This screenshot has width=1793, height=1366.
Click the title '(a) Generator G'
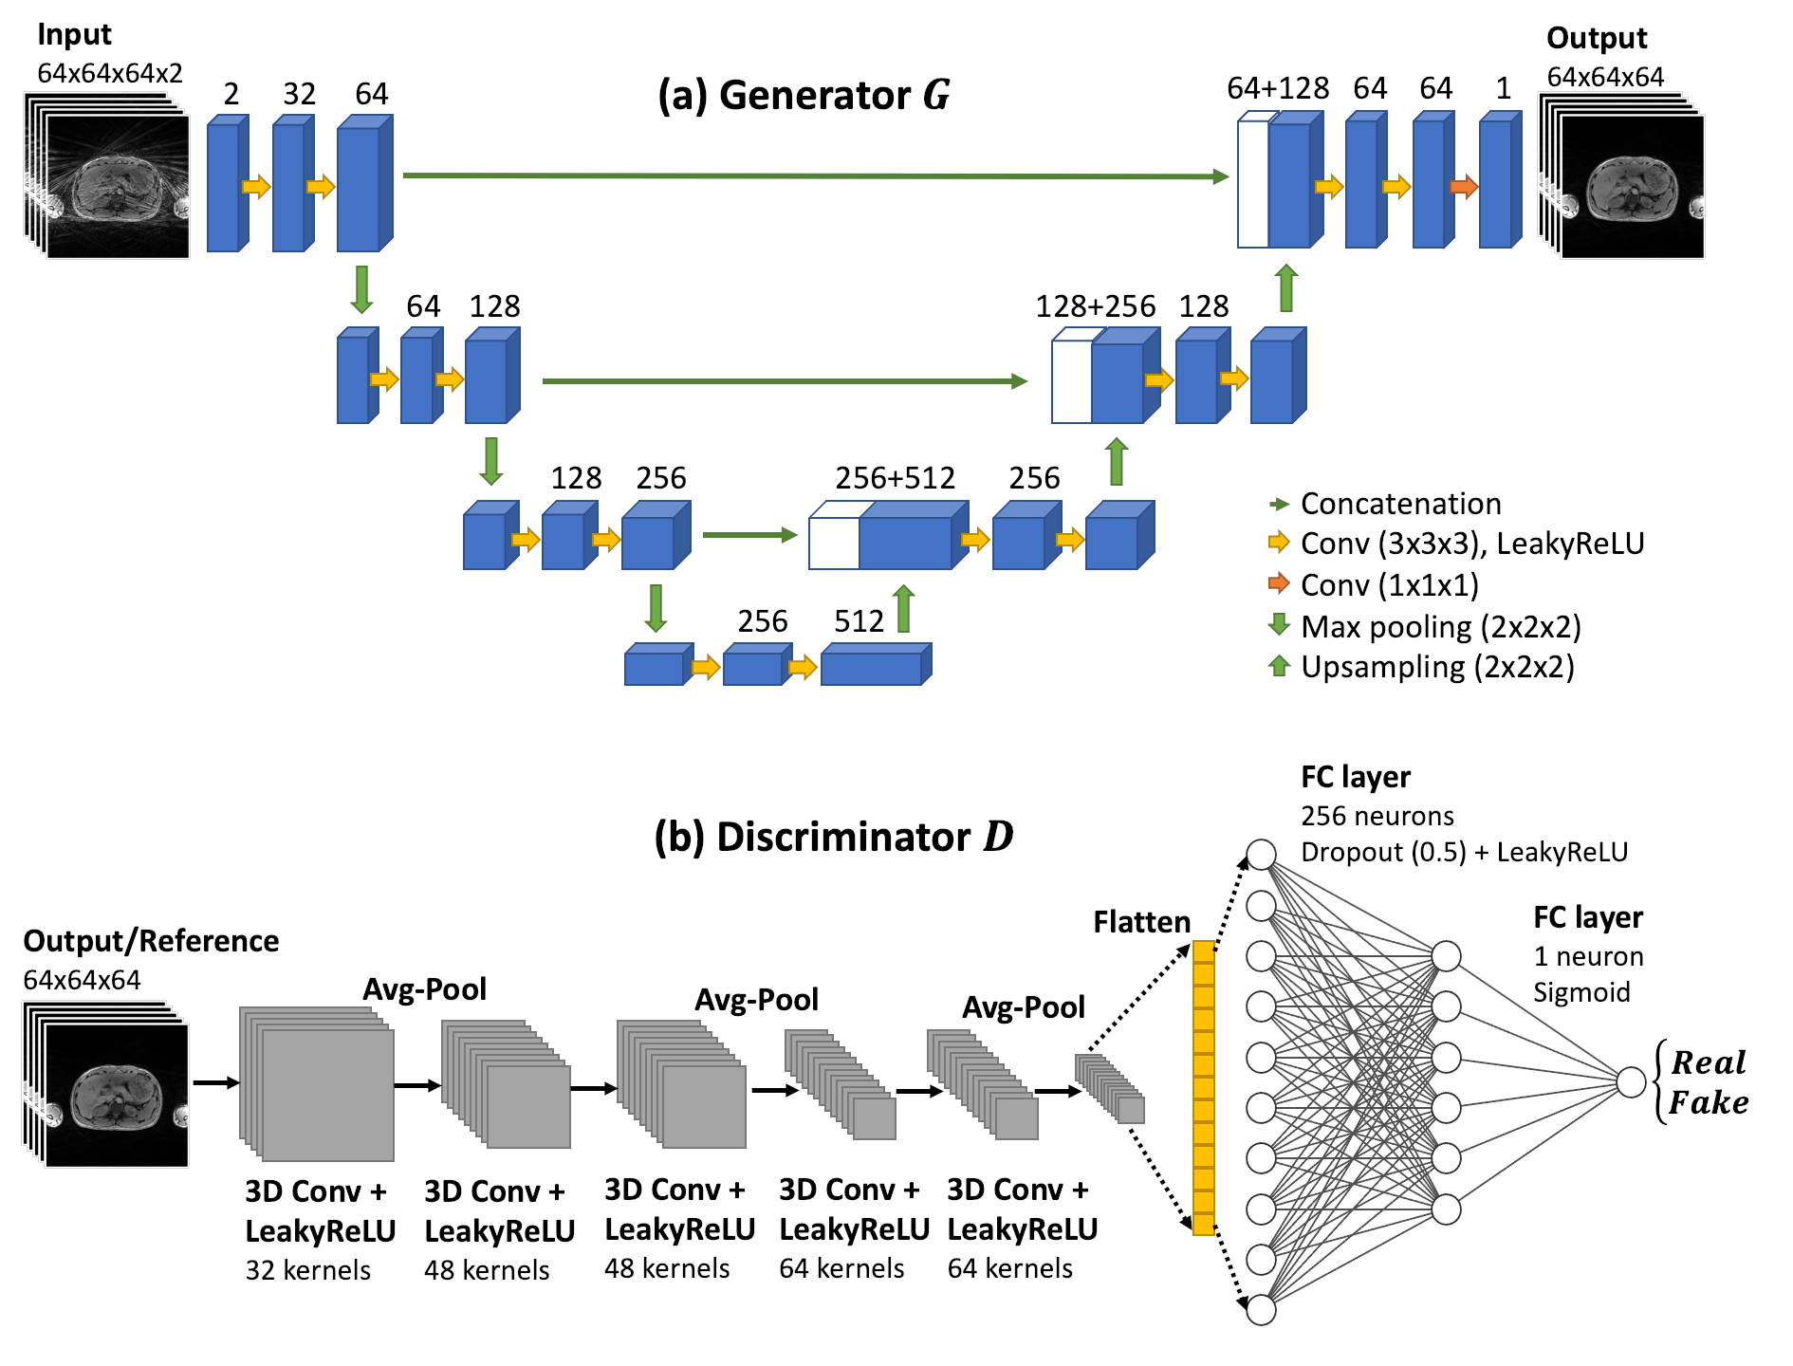tap(804, 96)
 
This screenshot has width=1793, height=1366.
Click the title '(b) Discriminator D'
tap(833, 837)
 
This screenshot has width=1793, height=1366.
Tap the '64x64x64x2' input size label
tap(110, 73)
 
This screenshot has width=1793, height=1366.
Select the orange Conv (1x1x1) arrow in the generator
tap(1464, 186)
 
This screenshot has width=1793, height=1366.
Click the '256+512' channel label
tap(895, 478)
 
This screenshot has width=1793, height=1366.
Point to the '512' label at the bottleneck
tap(859, 621)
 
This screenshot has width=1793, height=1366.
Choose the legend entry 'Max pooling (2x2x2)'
tap(1440, 627)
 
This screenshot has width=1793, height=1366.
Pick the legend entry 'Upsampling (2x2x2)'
tap(1436, 667)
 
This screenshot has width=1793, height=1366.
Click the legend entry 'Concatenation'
tap(1400, 504)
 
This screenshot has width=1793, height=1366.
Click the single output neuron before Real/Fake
tap(1631, 1081)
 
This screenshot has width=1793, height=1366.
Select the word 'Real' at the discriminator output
tap(1708, 1062)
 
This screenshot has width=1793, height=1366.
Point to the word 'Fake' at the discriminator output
tap(1708, 1103)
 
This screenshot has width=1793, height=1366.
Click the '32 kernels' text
tap(307, 1270)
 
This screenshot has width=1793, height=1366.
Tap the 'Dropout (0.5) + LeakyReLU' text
tap(1464, 852)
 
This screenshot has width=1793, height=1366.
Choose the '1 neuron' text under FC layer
tap(1588, 956)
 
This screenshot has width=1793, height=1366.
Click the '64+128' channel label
tap(1277, 88)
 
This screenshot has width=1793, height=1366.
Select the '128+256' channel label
tap(1095, 306)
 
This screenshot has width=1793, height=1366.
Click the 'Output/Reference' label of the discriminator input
tap(151, 941)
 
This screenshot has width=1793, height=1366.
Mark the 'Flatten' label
tap(1141, 922)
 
